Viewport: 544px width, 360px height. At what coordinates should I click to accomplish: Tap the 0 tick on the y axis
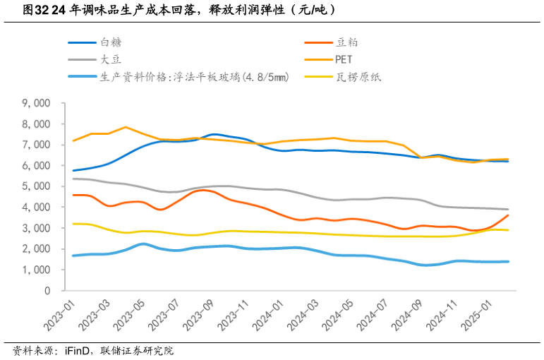(x=47, y=291)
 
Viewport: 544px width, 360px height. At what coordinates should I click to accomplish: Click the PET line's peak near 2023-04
(x=125, y=127)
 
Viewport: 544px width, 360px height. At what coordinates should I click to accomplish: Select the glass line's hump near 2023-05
(x=143, y=244)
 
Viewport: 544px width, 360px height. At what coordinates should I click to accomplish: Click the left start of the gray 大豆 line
(x=73, y=179)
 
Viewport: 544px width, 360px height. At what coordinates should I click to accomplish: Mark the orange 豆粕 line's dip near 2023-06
(x=161, y=210)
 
